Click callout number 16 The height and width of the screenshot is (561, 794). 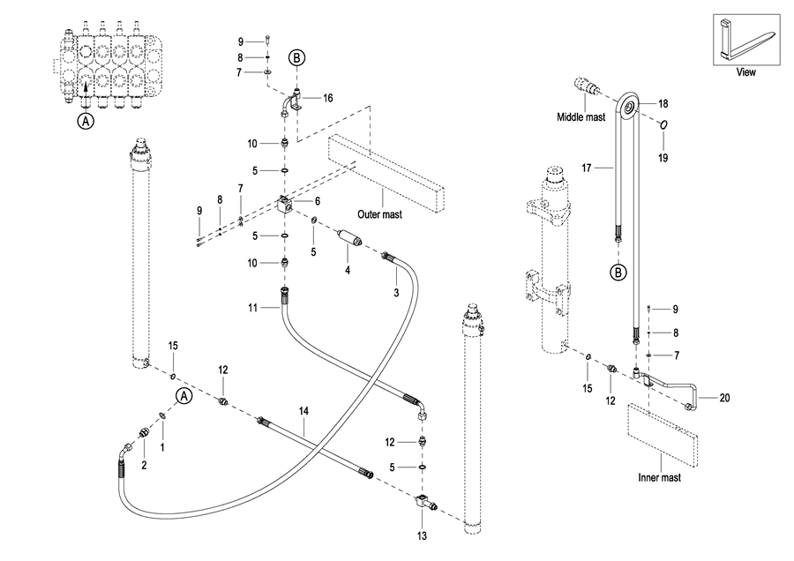[328, 98]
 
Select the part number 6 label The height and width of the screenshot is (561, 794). [317, 201]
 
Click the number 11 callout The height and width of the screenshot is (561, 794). [251, 307]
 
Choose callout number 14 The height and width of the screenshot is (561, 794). [303, 411]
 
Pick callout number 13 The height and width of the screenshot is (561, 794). [422, 535]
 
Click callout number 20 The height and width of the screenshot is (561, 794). [724, 398]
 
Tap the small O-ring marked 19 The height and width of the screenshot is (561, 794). [663, 124]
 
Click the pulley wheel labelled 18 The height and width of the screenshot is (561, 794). [629, 108]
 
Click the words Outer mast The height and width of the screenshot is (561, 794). [379, 213]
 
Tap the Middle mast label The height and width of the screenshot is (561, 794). [580, 116]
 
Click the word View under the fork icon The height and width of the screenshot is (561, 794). [746, 72]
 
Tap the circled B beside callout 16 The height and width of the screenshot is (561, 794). [297, 58]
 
